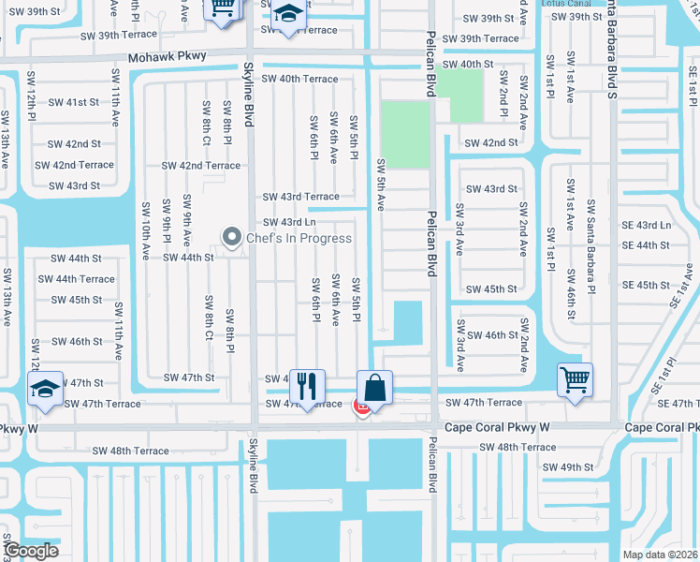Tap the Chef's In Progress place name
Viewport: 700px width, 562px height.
299,238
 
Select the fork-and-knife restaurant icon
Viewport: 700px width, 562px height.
306,385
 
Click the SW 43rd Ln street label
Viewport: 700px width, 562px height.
289,222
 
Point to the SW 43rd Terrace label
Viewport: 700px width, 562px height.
300,197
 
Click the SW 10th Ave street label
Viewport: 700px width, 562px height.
145,229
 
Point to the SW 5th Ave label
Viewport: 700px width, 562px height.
381,185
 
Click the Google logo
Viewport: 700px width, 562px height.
30,551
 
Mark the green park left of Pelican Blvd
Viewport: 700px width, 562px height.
403,135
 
